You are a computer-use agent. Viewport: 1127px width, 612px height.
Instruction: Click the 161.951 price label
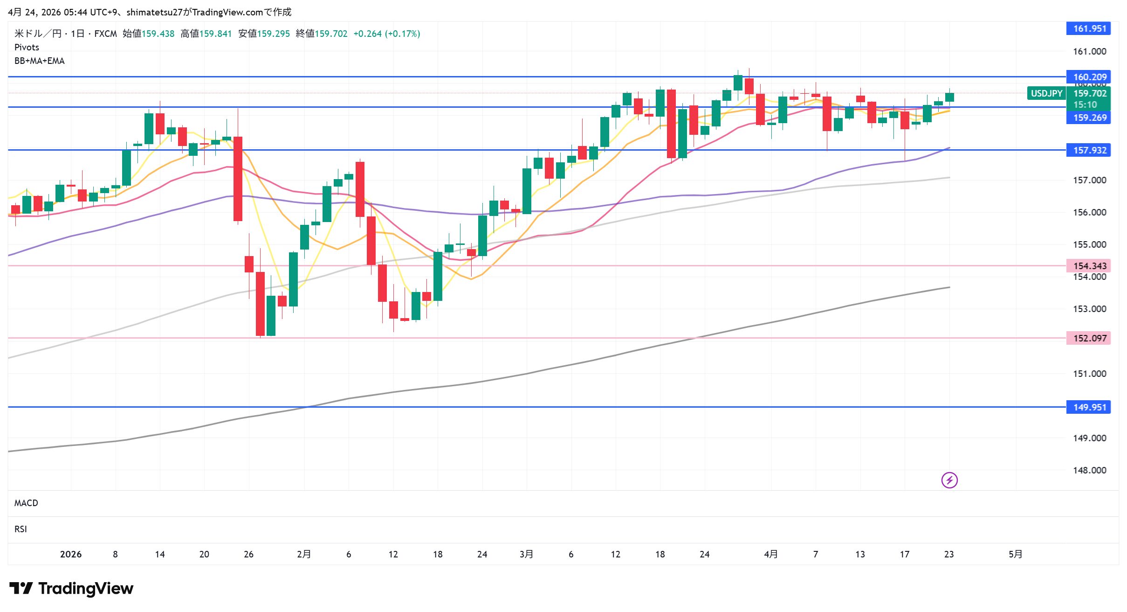pyautogui.click(x=1089, y=28)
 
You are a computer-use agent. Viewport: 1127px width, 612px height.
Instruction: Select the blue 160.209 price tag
pyautogui.click(x=1089, y=77)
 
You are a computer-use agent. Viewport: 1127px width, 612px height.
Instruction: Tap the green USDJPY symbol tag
pyautogui.click(x=1046, y=93)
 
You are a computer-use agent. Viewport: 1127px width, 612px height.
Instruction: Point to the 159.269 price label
pyautogui.click(x=1089, y=118)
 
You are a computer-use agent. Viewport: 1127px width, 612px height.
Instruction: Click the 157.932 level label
pyautogui.click(x=1089, y=150)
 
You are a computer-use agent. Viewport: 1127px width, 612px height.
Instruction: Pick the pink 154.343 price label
pyautogui.click(x=1089, y=266)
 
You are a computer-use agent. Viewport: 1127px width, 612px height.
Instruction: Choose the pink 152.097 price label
pyautogui.click(x=1089, y=338)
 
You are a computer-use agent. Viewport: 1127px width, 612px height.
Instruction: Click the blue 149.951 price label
pyautogui.click(x=1089, y=407)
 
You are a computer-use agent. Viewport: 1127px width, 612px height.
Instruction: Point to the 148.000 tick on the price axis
pyautogui.click(x=1089, y=470)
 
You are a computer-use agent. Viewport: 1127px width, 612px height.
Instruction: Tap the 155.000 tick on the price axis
pyautogui.click(x=1089, y=244)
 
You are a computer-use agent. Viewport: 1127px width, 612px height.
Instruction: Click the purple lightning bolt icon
pyautogui.click(x=949, y=480)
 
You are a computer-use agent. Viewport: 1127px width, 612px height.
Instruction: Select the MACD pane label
pyautogui.click(x=26, y=503)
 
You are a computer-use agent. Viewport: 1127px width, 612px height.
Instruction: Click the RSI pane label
pyautogui.click(x=21, y=529)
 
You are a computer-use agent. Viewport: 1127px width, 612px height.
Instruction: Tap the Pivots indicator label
pyautogui.click(x=27, y=47)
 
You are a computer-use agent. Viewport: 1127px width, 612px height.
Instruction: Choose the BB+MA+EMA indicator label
pyautogui.click(x=40, y=61)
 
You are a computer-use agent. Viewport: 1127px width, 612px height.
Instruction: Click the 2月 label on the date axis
pyautogui.click(x=304, y=554)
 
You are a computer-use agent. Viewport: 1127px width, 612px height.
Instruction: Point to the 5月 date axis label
pyautogui.click(x=1015, y=554)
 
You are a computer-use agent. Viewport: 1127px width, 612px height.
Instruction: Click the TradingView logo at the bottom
pyautogui.click(x=71, y=589)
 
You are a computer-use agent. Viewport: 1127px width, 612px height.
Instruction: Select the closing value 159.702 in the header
pyautogui.click(x=331, y=34)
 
